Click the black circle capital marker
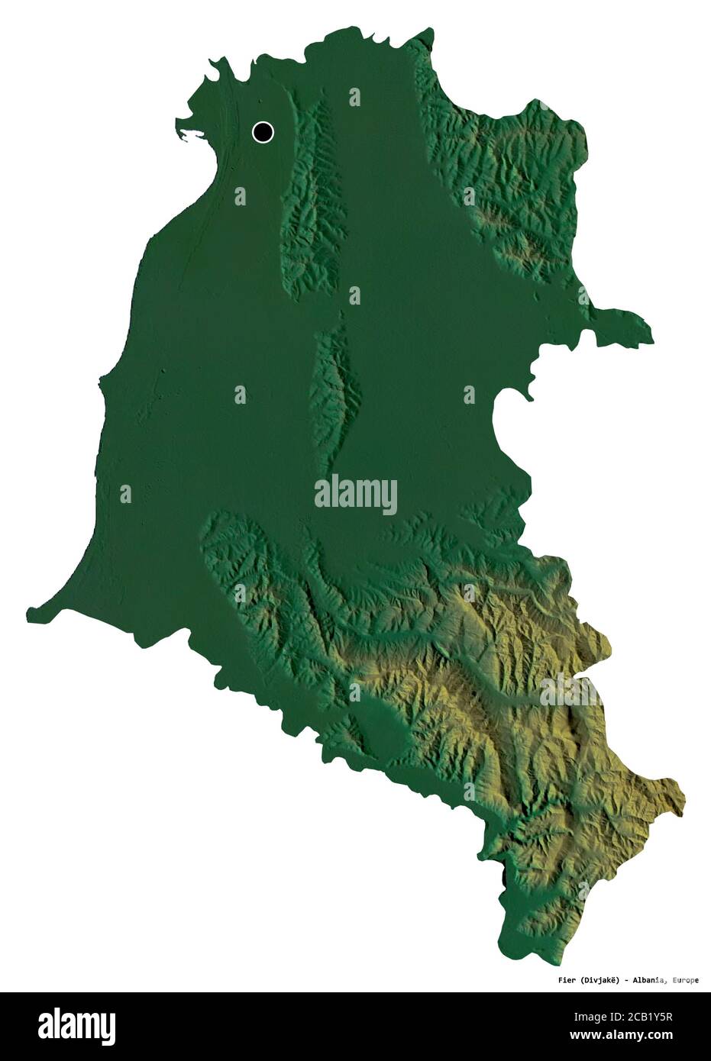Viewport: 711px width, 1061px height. tap(263, 132)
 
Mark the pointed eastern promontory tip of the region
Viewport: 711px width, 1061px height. tap(651, 337)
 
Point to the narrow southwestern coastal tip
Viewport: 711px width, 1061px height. tap(31, 611)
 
